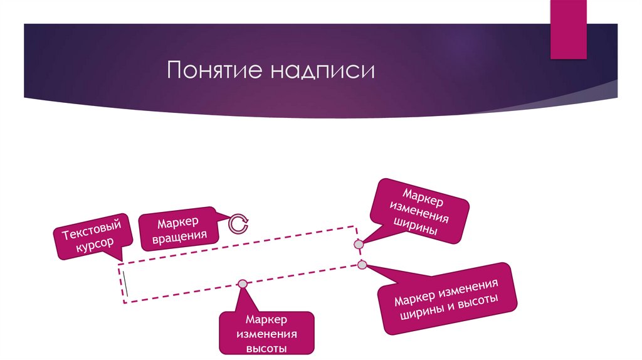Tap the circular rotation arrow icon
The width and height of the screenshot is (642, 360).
238,223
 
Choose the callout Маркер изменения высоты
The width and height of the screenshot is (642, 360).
266,333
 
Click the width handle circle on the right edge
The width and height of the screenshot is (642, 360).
359,243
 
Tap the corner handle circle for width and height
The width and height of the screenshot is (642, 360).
362,265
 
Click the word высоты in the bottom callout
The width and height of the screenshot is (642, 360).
266,347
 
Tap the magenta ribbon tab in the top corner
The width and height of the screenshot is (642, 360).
569,28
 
